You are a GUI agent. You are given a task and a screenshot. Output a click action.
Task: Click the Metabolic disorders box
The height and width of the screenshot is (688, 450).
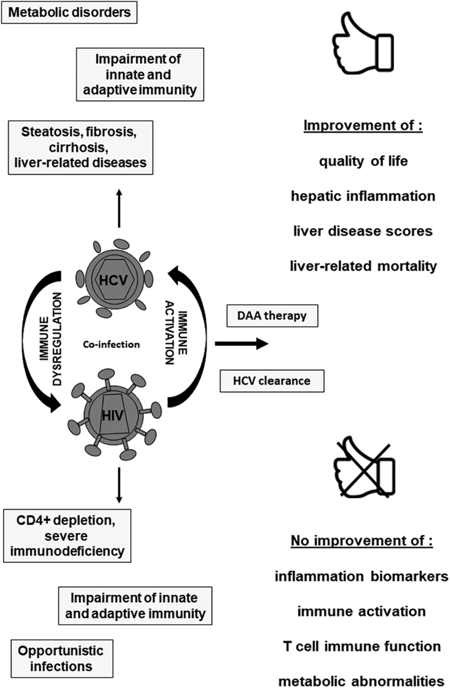pyautogui.click(x=69, y=12)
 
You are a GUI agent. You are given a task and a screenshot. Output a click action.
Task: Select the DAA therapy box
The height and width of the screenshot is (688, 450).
pyautogui.click(x=272, y=316)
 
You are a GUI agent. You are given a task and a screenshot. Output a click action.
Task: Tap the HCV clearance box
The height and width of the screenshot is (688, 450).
pyautogui.click(x=272, y=381)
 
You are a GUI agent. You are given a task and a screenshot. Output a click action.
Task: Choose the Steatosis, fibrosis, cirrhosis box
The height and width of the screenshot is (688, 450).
pyautogui.click(x=81, y=148)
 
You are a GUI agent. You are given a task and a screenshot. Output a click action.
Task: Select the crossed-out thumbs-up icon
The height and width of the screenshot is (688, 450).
pyautogui.click(x=364, y=466)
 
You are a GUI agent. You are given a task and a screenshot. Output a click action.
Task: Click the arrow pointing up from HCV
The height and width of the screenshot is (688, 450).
pyautogui.click(x=119, y=208)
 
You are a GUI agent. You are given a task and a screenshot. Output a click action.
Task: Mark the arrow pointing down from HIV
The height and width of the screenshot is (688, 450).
pyautogui.click(x=119, y=485)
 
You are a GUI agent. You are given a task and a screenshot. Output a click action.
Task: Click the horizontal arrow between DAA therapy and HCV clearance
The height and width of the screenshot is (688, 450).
pyautogui.click(x=241, y=344)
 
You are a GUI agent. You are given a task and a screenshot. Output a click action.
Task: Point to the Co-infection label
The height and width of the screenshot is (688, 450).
pyautogui.click(x=111, y=344)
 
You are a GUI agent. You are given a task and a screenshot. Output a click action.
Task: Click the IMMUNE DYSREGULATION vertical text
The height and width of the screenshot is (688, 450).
pyautogui.click(x=51, y=339)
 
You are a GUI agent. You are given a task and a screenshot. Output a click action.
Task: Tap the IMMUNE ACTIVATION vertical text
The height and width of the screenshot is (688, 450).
pyautogui.click(x=176, y=333)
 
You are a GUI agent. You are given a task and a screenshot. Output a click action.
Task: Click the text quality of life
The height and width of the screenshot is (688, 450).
pyautogui.click(x=363, y=161)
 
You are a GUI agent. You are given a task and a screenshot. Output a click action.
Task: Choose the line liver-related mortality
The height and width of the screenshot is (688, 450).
pyautogui.click(x=363, y=266)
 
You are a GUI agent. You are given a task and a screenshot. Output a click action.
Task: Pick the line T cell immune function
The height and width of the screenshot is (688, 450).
pyautogui.click(x=362, y=646)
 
